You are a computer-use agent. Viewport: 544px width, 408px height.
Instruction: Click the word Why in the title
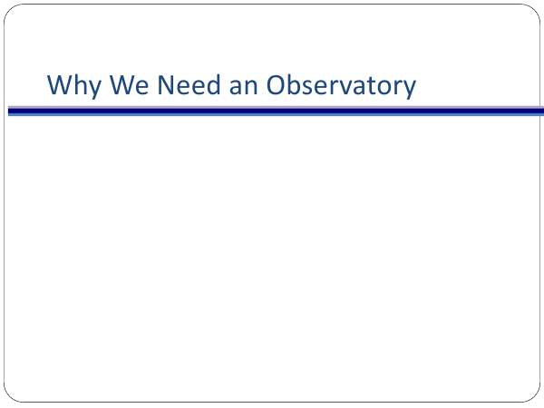click(74, 86)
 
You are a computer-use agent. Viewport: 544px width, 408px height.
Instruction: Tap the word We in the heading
click(129, 84)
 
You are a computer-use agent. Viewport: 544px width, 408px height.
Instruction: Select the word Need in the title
click(189, 84)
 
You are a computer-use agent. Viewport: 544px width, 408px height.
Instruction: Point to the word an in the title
click(243, 87)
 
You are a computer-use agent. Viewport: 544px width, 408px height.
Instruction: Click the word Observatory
click(341, 86)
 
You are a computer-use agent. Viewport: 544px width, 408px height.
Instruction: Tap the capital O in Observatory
click(277, 84)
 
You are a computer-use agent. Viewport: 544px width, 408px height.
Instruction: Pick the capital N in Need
click(166, 84)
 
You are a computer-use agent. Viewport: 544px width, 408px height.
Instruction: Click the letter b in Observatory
click(298, 84)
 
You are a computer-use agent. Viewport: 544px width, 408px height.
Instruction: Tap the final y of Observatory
click(408, 90)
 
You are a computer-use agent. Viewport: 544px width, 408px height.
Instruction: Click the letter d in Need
click(213, 84)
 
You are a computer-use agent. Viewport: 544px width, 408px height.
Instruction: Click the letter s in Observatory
click(314, 87)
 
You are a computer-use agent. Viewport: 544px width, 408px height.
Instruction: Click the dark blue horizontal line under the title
click(276, 112)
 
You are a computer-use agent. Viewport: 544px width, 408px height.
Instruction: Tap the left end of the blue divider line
click(8, 112)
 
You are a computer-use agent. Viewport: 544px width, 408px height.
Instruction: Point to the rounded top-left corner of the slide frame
click(9, 9)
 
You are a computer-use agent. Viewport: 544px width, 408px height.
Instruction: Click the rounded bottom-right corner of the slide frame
click(535, 397)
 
